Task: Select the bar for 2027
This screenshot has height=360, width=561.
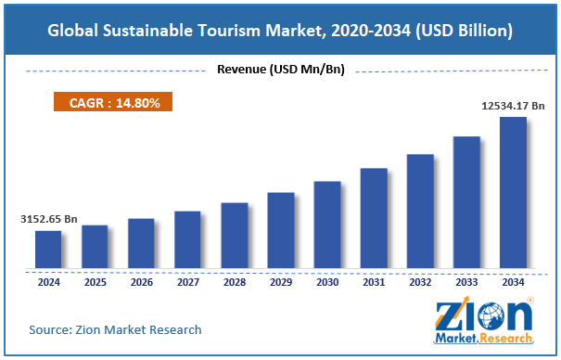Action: point(187,239)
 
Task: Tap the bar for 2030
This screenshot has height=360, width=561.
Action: point(327,225)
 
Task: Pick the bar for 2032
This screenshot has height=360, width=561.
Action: point(420,212)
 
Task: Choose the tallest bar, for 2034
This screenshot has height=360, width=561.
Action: point(513,193)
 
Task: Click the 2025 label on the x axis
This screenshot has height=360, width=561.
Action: point(95,282)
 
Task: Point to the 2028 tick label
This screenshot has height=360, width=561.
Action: point(234,282)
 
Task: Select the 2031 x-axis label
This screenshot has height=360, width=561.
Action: point(374,282)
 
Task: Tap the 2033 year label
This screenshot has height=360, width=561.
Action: point(466,282)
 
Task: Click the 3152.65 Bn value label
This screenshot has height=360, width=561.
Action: point(51,220)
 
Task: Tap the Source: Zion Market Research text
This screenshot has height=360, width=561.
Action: point(115,329)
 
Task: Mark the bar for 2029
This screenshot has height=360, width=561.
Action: point(281,231)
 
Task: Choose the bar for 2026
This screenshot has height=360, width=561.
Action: point(141,244)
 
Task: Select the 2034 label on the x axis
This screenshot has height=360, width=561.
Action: point(513,282)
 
